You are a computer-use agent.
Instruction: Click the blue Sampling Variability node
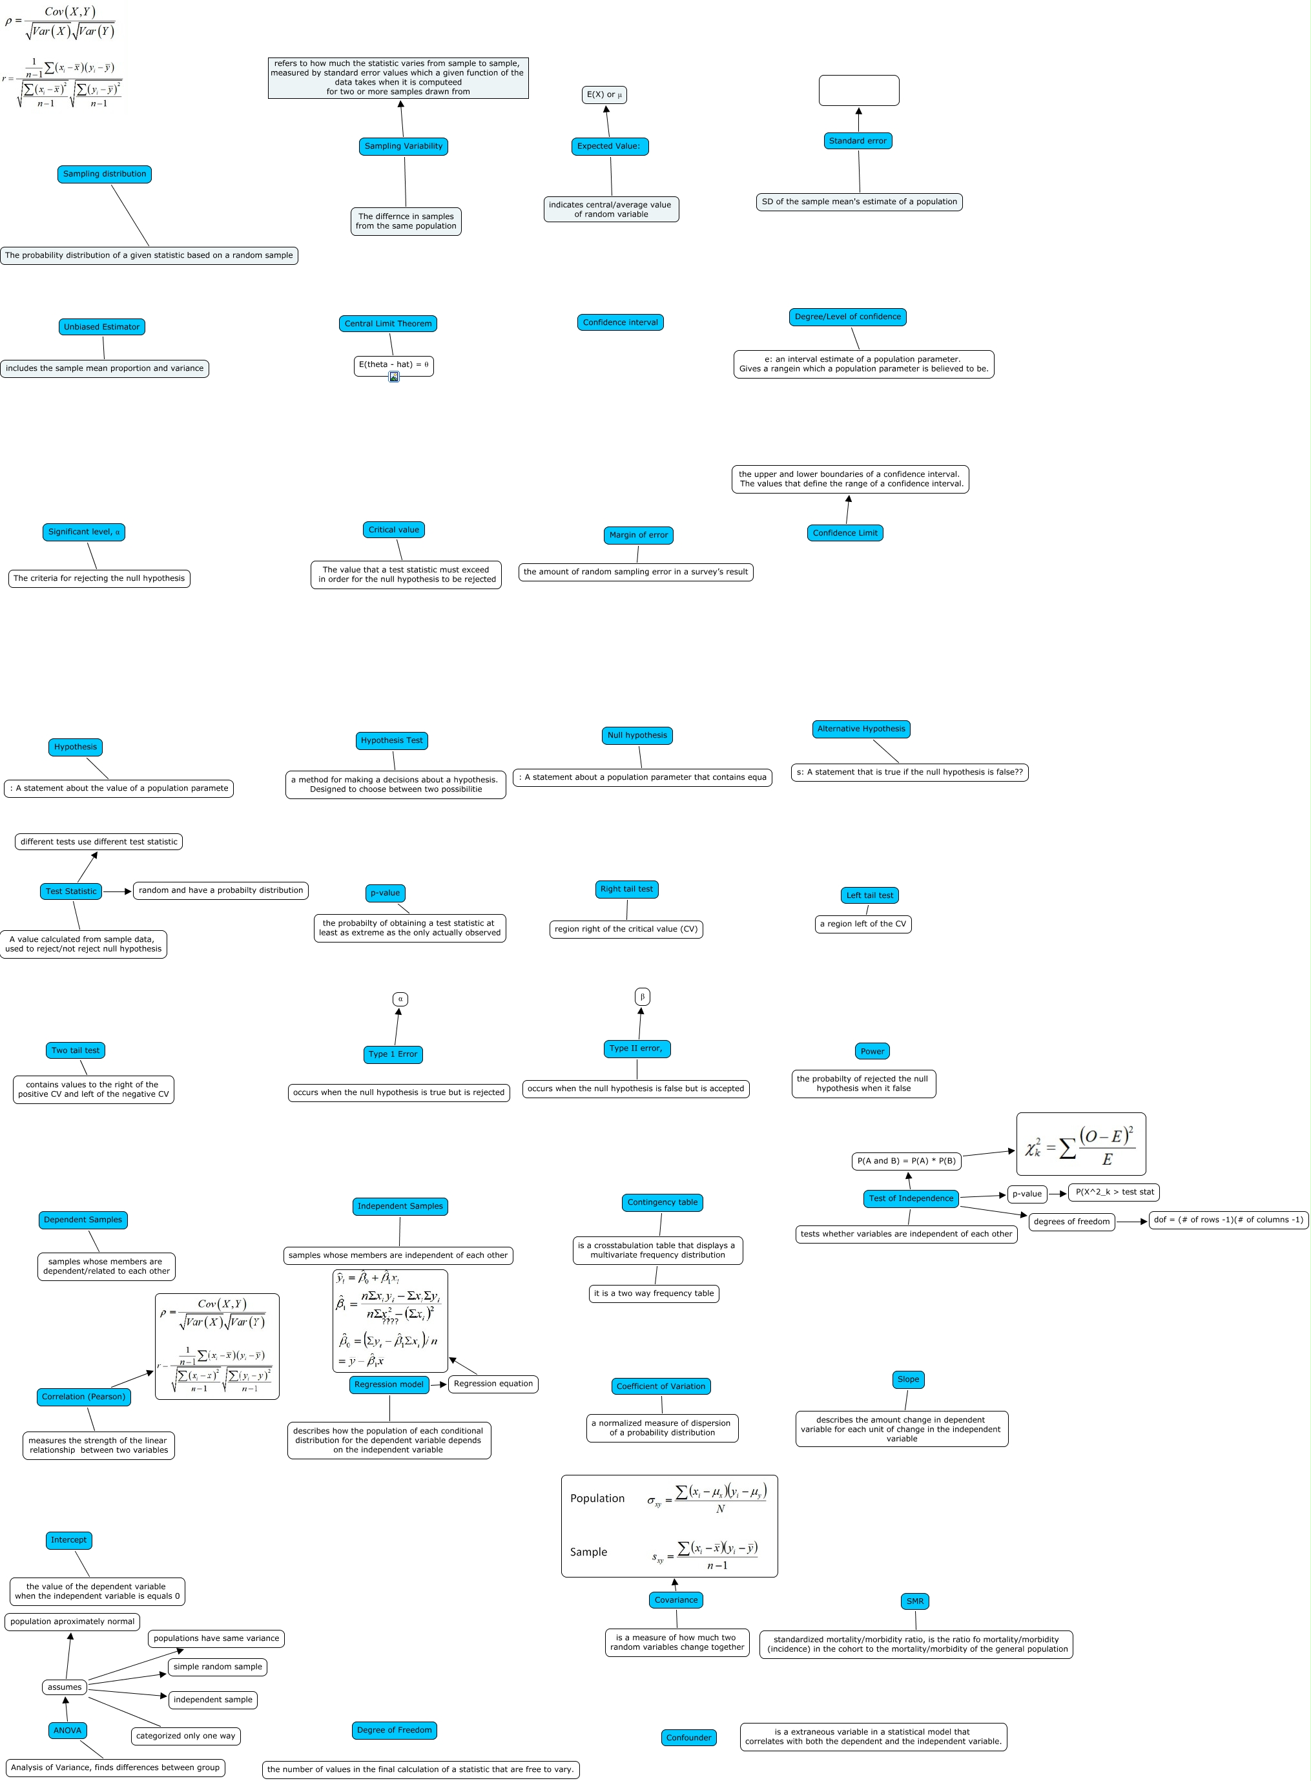tap(403, 146)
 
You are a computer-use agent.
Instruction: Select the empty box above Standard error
tap(859, 90)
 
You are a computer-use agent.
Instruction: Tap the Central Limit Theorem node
tap(388, 324)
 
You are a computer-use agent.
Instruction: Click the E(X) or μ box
tap(604, 95)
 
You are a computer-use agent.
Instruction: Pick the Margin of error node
tap(638, 535)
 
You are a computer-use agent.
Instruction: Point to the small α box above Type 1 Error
tap(400, 999)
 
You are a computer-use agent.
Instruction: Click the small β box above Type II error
tap(642, 997)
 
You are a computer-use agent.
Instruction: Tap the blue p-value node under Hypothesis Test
tap(386, 893)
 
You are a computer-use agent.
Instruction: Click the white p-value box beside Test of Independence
tap(1027, 1194)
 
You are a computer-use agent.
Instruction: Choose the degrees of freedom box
tap(1071, 1222)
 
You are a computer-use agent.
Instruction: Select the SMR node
tap(915, 1601)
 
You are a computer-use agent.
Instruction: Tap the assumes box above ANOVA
tap(65, 1687)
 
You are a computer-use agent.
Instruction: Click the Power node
tap(872, 1051)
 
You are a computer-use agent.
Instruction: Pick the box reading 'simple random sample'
tap(218, 1667)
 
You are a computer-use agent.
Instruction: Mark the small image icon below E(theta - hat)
tap(393, 377)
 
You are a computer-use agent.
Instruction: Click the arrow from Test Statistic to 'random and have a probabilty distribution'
tap(118, 891)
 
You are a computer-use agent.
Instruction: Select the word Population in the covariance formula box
tap(597, 1499)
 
